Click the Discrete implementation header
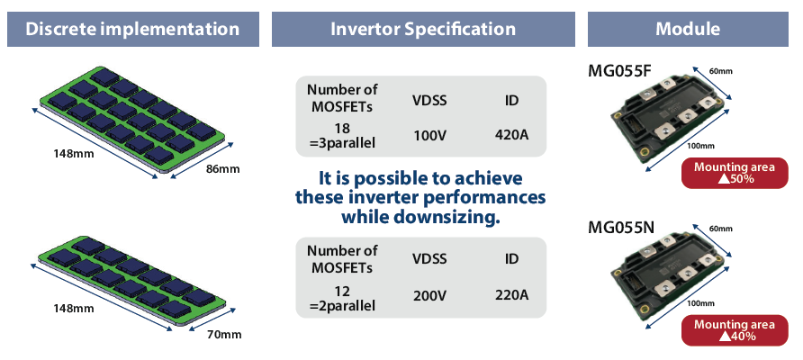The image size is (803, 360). click(132, 29)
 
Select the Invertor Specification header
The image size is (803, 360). click(423, 29)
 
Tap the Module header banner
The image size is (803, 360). click(688, 29)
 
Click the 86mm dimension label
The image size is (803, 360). click(222, 168)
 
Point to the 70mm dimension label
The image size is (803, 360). click(224, 335)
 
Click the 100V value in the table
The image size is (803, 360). click(429, 135)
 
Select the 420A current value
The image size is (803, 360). click(511, 135)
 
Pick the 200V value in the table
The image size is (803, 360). click(429, 295)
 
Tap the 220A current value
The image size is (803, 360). click(511, 295)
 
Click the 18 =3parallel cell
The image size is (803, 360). click(342, 136)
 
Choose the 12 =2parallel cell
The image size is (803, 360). click(342, 299)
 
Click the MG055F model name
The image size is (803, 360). click(619, 70)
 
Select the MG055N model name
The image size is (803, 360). click(620, 226)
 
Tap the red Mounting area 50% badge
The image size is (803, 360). click(735, 173)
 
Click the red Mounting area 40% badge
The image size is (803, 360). click(735, 330)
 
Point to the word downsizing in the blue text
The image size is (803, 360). click(446, 217)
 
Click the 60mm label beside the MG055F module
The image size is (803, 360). click(720, 72)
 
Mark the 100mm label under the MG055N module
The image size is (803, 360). click(700, 303)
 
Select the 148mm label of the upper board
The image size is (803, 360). click(74, 153)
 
